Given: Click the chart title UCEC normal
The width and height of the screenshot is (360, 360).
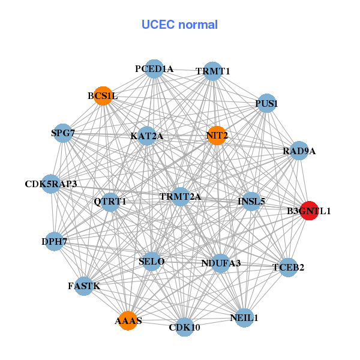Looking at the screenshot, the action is pos(179,25).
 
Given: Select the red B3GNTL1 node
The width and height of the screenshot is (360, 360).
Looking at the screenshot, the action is pos(309,211).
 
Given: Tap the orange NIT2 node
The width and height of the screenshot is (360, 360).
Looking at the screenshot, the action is pos(217,135).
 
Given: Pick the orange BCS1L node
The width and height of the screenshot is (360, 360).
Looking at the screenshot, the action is pos(103,96).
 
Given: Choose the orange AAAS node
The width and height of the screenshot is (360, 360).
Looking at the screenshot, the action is pos(128,320).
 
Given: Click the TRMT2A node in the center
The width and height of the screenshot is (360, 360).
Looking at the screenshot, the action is pos(180,197).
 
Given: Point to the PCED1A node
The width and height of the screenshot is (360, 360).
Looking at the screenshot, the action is pos(154,69).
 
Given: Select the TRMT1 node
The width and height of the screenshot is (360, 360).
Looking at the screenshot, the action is pos(213,71).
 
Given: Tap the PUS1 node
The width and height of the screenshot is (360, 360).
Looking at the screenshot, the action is pos(266,104).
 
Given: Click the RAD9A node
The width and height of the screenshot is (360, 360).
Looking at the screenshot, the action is pos(299,151).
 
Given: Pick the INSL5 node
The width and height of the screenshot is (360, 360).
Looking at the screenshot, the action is pos(251,201).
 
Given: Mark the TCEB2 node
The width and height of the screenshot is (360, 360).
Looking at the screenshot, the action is pos(289,267).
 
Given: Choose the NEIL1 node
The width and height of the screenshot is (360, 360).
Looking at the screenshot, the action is pos(244,317).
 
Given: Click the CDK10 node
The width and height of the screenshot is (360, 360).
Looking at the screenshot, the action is pos(185,327).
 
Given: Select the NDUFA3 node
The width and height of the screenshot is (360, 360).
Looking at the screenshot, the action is pos(221,263).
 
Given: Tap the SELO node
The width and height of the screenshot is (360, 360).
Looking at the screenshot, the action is pos(151,262).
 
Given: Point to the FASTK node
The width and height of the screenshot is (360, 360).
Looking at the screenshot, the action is pos(84,286).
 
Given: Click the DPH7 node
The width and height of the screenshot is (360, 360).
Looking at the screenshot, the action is pos(54,242).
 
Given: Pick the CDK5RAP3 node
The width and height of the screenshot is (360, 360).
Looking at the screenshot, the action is pos(51,184).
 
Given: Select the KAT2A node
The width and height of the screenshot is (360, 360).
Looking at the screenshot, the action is pos(147,136).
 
